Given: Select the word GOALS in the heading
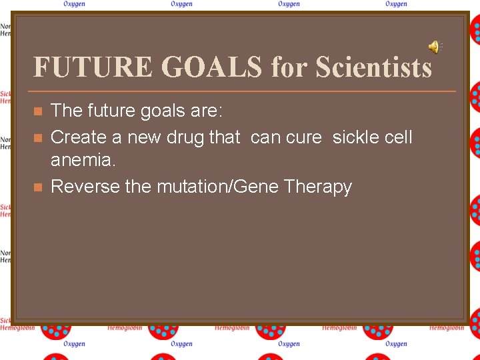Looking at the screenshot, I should [x=213, y=67].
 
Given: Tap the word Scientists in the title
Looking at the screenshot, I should [x=373, y=67].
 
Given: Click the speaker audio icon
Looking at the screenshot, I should [x=435, y=47].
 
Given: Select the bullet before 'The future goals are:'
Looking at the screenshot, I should [x=38, y=111].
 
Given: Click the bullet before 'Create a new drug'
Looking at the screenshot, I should [x=38, y=137].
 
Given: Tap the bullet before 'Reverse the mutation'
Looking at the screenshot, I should [x=38, y=187].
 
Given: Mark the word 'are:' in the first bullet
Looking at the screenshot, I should [x=205, y=111].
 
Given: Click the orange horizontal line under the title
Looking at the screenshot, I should [x=244, y=91].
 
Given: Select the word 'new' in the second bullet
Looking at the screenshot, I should [x=135, y=137].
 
